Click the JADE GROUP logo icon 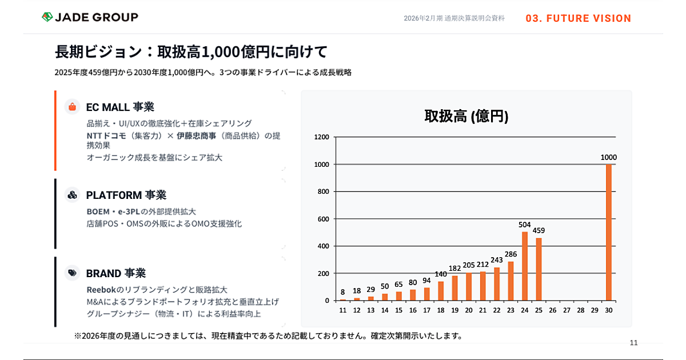(x=47, y=17)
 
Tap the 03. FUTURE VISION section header (x=578, y=18)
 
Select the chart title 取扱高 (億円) (x=466, y=116)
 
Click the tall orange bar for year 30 (x=609, y=232)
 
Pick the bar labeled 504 (x=525, y=266)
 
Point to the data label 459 (x=539, y=230)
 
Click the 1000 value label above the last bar (x=609, y=157)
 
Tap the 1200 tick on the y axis (x=322, y=137)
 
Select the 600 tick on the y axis (x=324, y=219)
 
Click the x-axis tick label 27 (x=567, y=310)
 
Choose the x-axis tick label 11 (x=343, y=310)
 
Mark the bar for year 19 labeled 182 (x=455, y=288)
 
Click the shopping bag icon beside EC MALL (x=72, y=107)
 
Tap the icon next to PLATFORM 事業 (x=72, y=195)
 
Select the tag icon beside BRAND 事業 (x=72, y=273)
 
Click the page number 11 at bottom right (x=633, y=343)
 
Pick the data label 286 (x=510, y=254)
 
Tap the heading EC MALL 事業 (x=120, y=107)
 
